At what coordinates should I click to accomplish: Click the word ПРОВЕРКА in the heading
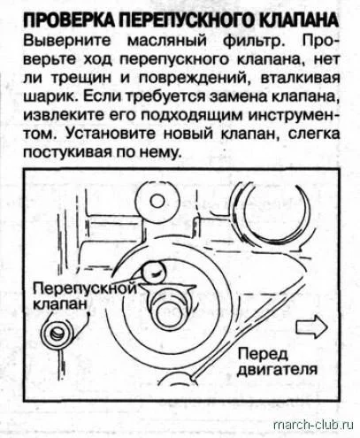[x=69, y=21]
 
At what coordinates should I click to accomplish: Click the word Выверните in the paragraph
[x=67, y=41]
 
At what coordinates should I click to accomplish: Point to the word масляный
[x=166, y=42]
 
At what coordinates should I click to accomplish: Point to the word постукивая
[x=67, y=152]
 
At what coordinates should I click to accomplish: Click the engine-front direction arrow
[x=311, y=327]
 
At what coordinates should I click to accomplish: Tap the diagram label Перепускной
[x=85, y=288]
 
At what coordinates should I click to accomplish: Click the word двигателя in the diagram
[x=277, y=370]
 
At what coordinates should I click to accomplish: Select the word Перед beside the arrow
[x=263, y=354]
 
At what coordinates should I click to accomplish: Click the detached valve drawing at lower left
[x=57, y=334]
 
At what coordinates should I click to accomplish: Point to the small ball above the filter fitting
[x=153, y=273]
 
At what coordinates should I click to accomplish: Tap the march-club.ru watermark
[x=313, y=425]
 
